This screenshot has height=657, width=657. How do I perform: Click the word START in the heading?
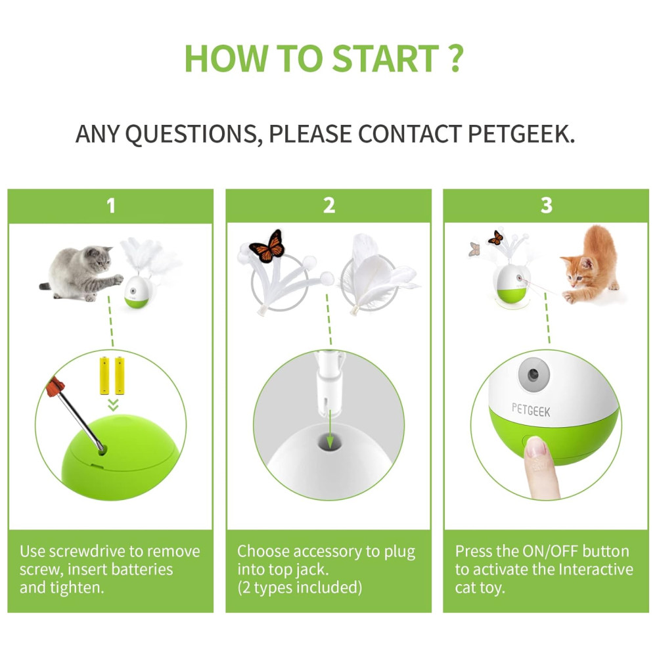[386, 58]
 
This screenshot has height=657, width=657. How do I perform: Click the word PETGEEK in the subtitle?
[521, 134]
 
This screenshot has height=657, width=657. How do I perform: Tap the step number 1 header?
[110, 206]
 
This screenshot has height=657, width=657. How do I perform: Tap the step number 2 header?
[329, 205]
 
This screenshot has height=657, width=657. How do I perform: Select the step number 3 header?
[547, 205]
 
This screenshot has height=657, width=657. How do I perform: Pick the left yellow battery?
[104, 376]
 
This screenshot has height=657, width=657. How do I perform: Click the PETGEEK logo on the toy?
[531, 410]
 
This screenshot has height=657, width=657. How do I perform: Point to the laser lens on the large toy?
[533, 374]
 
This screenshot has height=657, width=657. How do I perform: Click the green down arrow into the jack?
[330, 430]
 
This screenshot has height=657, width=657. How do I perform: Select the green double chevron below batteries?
[113, 405]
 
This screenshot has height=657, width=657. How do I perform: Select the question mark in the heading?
[456, 58]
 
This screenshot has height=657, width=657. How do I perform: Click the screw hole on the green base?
[101, 451]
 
